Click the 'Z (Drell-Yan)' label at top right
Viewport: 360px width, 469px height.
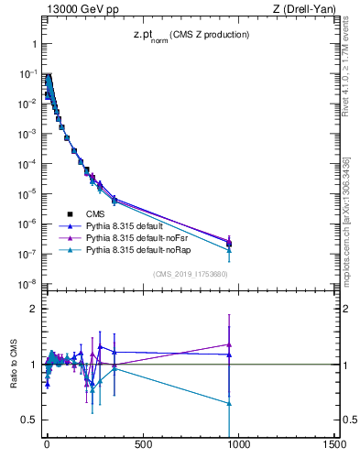coord(305,9)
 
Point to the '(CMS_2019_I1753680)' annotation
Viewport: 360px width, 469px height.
coord(190,273)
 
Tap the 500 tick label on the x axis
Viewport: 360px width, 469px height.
coord(143,446)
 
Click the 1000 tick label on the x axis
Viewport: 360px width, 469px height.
coord(238,446)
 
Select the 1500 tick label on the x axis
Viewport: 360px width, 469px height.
coord(333,446)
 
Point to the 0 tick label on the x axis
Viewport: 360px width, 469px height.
coord(47,446)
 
